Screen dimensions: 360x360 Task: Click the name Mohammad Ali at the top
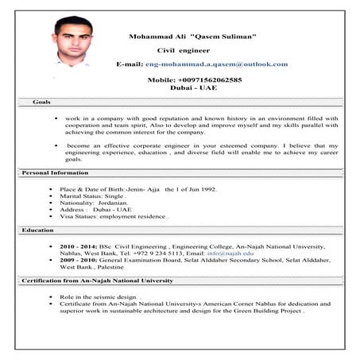point(154,37)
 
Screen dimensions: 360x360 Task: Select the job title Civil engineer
point(184,50)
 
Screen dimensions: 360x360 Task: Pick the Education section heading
point(38,230)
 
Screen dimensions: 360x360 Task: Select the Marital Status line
point(92,195)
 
